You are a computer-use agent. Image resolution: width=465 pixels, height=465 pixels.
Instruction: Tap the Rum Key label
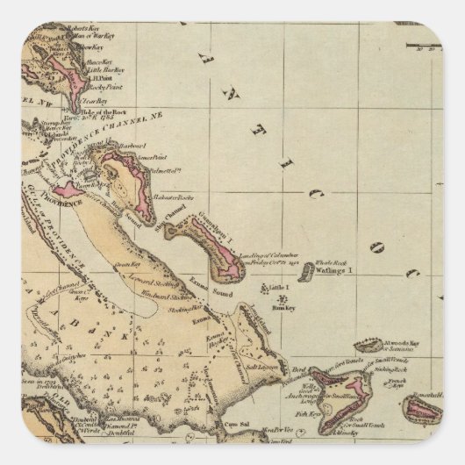281,308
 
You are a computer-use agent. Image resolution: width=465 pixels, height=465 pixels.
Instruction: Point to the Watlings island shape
305,274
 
